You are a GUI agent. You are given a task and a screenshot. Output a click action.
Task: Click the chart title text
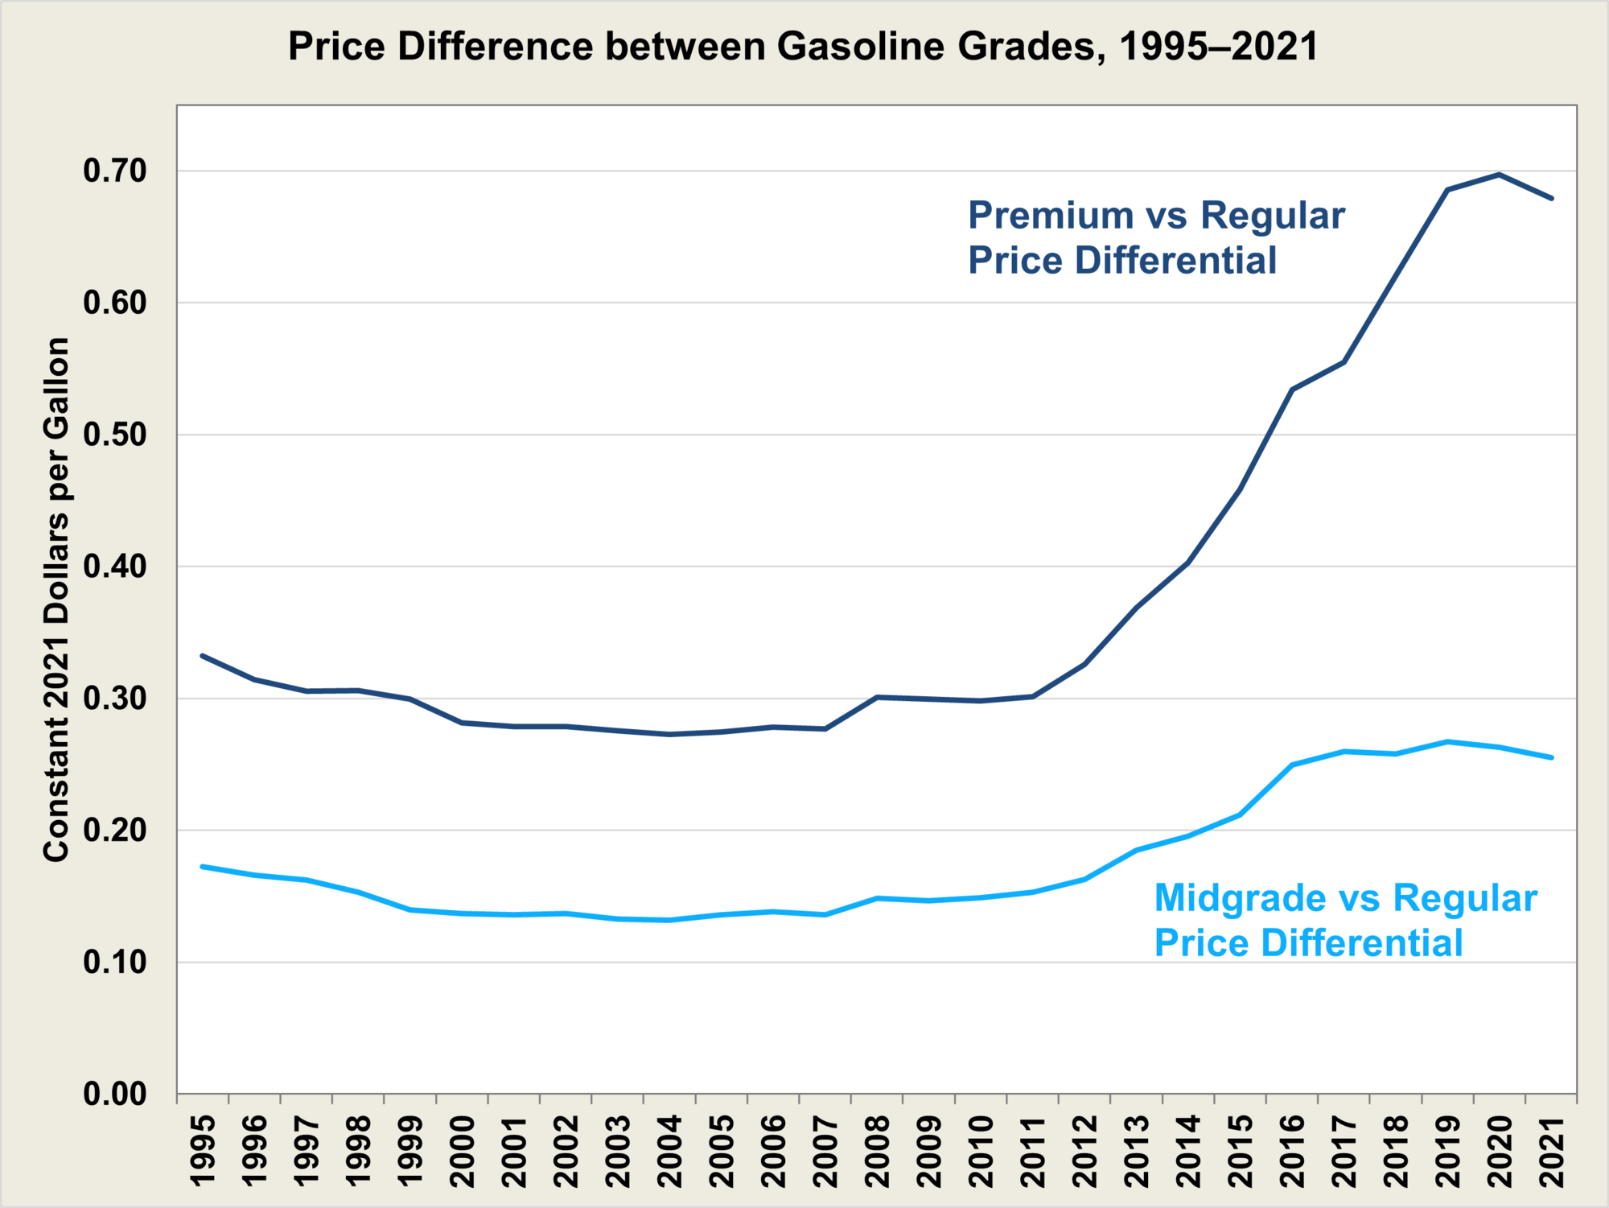803,46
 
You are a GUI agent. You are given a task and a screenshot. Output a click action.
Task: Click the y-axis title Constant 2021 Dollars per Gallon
56,600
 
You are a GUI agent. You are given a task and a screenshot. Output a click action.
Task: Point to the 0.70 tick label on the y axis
115,171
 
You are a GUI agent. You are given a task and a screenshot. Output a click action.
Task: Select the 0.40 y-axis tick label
115,567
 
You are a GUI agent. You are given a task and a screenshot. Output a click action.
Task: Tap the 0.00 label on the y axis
115,1094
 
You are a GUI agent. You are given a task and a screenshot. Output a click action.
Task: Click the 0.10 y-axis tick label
115,962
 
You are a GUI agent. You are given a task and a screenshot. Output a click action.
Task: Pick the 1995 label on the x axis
203,1151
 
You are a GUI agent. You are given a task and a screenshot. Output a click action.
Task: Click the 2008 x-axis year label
878,1151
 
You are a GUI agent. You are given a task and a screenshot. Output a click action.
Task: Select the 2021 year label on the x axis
1552,1151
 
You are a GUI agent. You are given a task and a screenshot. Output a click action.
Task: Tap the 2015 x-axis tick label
1241,1151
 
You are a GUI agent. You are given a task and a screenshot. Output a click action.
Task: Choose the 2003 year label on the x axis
618,1151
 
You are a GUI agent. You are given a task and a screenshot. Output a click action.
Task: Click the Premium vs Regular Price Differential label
1155,237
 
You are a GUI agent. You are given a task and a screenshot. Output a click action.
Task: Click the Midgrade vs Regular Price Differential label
1345,920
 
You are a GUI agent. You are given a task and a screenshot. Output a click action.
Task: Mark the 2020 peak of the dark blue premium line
1500,174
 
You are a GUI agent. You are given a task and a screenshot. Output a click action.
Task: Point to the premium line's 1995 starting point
203,656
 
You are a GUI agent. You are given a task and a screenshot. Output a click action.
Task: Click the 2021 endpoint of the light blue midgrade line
1552,757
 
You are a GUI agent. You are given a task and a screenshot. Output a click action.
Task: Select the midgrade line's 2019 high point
1448,741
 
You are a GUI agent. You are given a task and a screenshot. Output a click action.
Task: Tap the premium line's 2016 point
1292,390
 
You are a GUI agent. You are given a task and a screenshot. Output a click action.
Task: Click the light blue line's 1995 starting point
203,867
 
